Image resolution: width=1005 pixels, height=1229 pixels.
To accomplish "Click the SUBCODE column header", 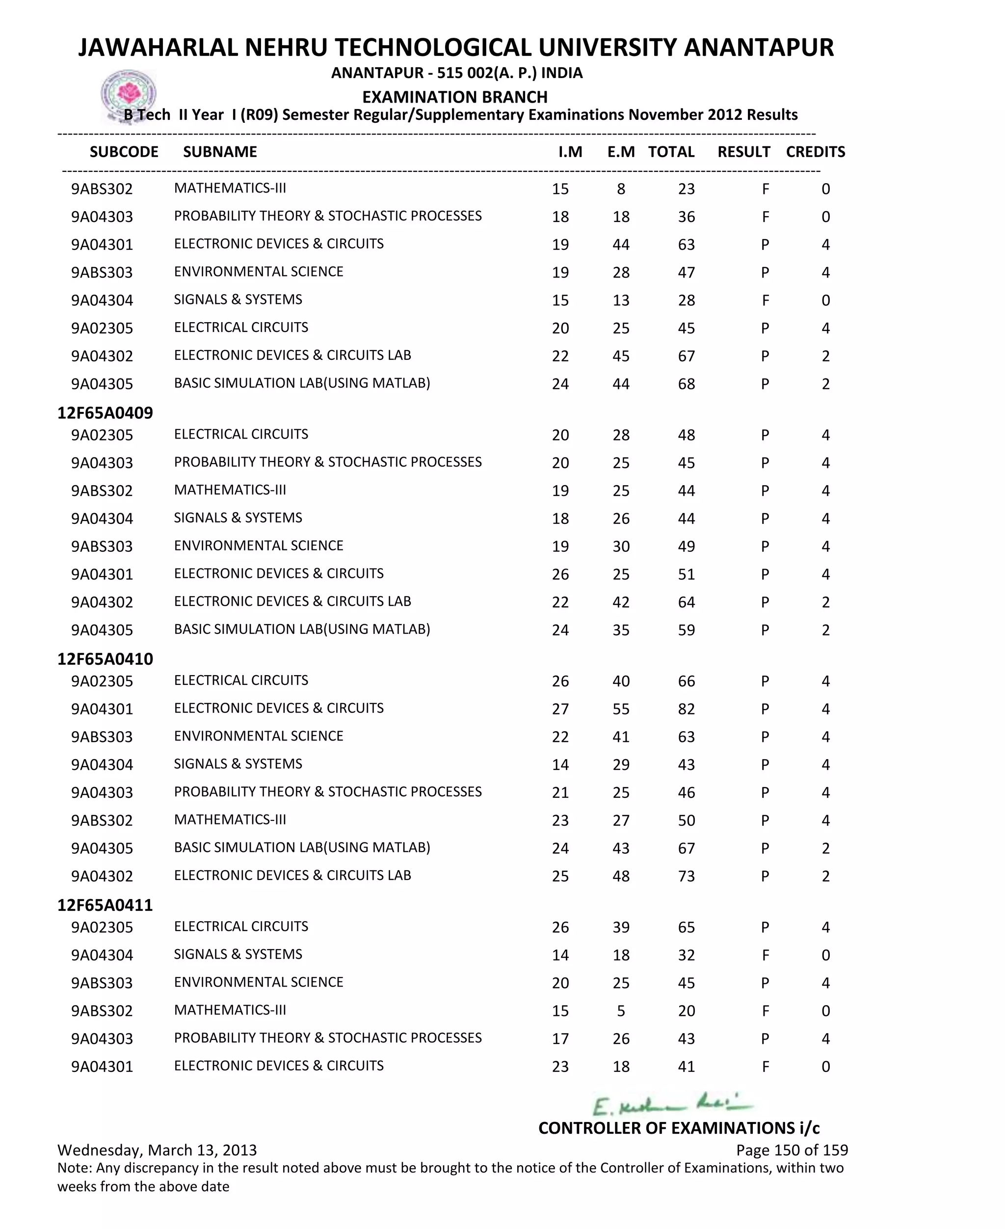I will tap(124, 152).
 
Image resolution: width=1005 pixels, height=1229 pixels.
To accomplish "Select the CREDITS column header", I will tap(815, 152).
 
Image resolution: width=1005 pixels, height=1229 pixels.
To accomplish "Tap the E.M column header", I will tap(621, 152).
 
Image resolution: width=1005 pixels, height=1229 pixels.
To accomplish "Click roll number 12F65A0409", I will tap(106, 413).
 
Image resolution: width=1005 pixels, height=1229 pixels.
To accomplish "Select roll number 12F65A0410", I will tap(106, 659).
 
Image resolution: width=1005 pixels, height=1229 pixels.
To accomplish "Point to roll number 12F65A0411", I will tap(106, 905).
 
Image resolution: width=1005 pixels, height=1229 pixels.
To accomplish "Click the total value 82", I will tap(686, 709).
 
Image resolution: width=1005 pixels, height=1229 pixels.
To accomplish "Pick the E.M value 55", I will tap(621, 709).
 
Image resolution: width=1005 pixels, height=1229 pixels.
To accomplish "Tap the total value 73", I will tap(686, 876).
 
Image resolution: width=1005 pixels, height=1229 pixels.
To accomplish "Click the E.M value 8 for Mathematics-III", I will tap(621, 189).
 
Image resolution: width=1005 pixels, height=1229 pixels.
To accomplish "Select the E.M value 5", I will tap(621, 1011).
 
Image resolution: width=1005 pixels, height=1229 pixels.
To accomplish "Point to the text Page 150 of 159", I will tap(792, 1150).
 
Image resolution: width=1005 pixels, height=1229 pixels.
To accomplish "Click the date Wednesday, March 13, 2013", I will tap(157, 1150).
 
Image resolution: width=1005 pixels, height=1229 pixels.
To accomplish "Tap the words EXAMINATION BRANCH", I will tap(454, 97).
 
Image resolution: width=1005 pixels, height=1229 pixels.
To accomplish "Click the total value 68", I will tap(686, 384).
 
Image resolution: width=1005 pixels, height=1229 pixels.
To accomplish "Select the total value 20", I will tap(686, 1011).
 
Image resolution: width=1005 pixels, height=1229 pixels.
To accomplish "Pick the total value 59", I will tap(686, 630).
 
